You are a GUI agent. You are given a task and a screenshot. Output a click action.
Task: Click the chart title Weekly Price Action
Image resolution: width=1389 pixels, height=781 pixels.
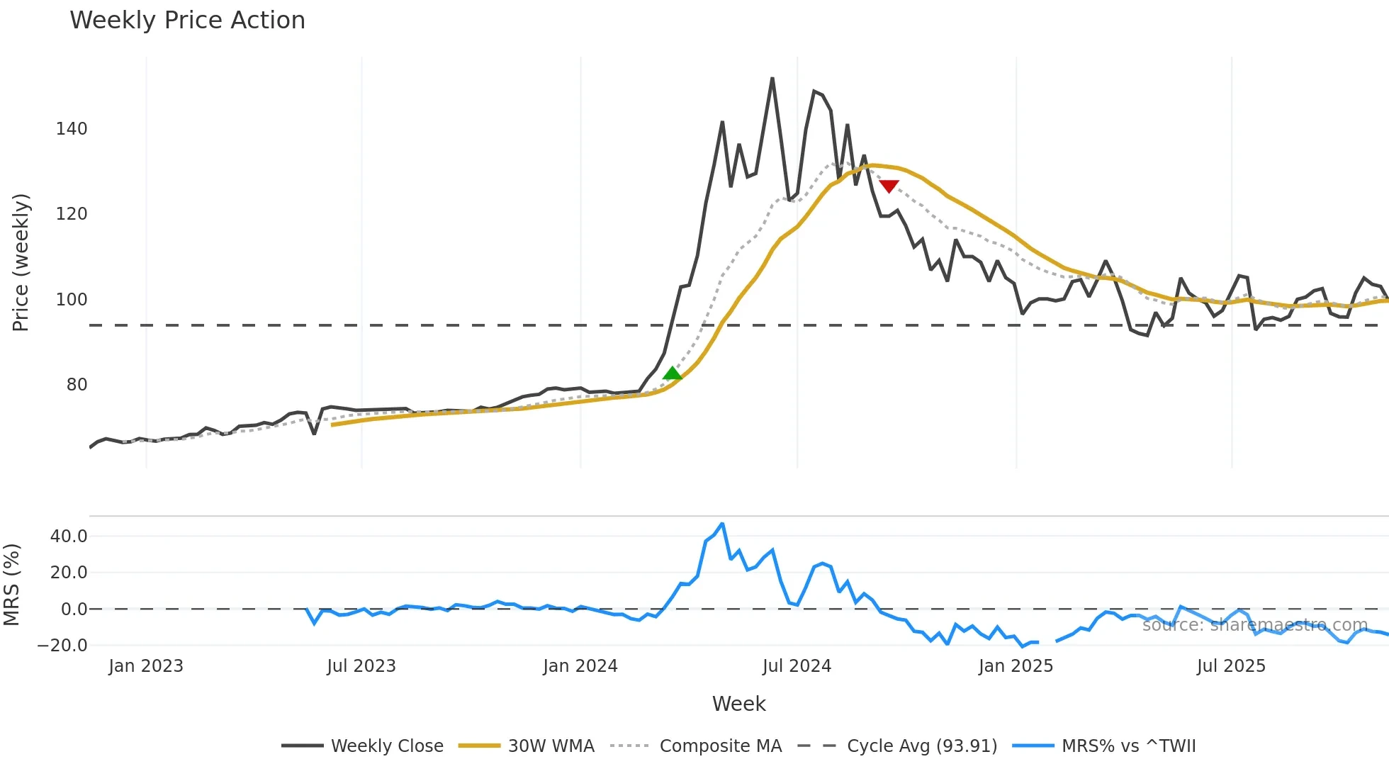coord(187,21)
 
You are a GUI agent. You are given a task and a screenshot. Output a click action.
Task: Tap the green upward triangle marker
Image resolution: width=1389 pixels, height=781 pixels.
coord(672,373)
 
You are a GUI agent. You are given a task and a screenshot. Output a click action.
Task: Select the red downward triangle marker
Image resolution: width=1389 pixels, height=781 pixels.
coord(889,186)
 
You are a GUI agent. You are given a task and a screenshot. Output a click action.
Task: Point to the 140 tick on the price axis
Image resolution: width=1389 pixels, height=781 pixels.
coord(72,129)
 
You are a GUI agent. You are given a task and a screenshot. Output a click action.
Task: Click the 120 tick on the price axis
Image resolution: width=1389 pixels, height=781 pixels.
coord(72,214)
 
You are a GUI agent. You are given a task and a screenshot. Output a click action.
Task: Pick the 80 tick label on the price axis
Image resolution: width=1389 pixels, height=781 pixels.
coord(77,385)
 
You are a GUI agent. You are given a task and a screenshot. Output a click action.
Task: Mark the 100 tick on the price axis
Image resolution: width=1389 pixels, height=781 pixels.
coord(72,300)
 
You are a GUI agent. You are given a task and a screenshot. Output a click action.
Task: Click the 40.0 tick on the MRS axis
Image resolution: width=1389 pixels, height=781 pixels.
coord(69,536)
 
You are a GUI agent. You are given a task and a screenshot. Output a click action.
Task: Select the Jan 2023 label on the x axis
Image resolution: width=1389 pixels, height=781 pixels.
coord(146,666)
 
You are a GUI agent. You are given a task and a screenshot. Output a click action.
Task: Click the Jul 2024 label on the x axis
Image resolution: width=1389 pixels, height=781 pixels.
coord(797,666)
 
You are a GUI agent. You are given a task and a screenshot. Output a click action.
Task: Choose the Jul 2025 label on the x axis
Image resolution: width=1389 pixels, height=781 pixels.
coord(1231,666)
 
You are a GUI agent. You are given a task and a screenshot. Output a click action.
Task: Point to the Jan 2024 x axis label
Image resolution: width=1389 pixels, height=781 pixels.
coord(580,666)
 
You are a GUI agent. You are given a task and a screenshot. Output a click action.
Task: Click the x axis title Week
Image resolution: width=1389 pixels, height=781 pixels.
coord(738,704)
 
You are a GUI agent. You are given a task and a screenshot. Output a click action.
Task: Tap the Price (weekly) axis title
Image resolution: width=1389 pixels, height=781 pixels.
coord(21,262)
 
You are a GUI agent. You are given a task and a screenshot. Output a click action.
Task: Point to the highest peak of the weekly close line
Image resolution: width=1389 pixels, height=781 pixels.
coord(772,79)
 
